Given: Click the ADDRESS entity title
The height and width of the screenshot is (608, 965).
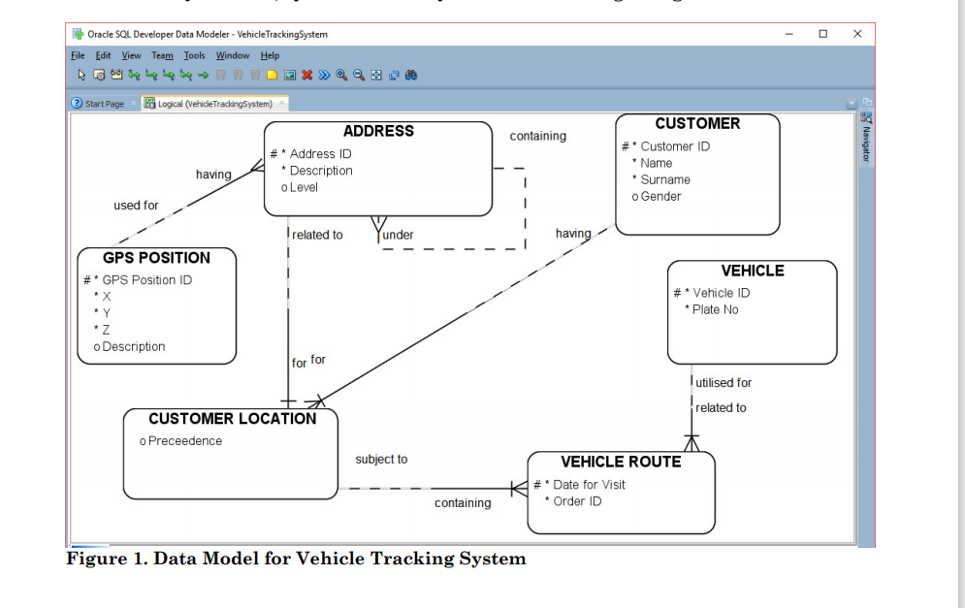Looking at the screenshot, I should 378,131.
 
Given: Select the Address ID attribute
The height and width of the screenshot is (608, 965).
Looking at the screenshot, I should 320,153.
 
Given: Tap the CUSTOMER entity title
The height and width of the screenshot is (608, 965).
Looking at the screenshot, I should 697,123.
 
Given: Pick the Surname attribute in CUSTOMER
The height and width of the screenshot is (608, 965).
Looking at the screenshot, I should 665,179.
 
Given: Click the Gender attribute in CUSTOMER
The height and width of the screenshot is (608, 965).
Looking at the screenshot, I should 660,196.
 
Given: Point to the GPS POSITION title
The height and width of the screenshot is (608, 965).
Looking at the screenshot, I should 156,257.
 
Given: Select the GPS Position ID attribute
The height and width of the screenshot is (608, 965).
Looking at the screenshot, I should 146,279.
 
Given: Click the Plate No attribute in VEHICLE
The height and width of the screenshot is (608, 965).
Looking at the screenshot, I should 716,309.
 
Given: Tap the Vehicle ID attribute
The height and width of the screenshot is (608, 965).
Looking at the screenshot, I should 721,293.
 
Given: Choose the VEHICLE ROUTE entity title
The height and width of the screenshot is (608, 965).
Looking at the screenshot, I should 621,462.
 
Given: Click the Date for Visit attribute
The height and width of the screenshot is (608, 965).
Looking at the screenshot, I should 589,484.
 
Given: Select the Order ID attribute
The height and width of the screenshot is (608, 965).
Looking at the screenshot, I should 577,501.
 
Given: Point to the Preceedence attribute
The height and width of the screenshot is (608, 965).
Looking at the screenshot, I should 184,440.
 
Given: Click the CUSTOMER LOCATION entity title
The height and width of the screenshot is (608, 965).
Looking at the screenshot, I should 232,418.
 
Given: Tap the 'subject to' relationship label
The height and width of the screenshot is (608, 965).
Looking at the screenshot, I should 381,459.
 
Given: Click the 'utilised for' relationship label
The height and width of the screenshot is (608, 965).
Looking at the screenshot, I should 724,382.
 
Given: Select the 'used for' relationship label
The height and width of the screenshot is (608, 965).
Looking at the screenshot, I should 136,206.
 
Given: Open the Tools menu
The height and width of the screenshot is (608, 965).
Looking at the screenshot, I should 194,55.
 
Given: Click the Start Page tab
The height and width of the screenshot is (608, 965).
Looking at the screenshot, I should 104,104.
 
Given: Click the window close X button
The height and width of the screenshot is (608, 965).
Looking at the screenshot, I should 857,34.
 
